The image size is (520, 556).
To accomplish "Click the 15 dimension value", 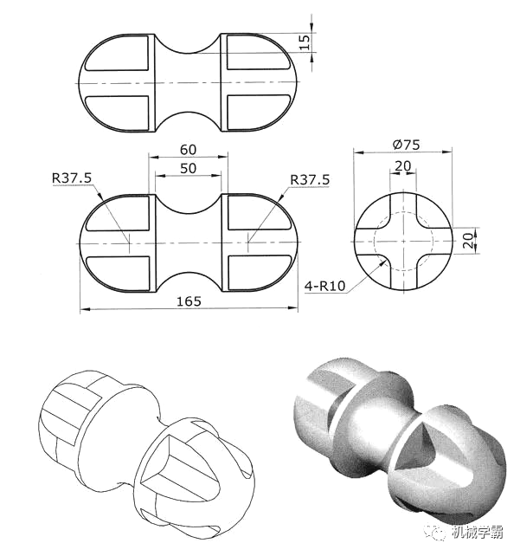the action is [x=305, y=42].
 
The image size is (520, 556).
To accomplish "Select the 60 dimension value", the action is [x=188, y=150].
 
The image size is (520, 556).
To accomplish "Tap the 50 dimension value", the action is [x=188, y=168].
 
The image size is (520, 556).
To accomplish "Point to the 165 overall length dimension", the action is [x=189, y=301].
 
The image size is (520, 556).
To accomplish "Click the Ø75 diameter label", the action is [x=407, y=145].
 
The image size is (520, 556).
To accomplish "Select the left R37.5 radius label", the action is [x=72, y=178].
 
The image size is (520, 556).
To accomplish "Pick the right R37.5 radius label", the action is [x=310, y=180].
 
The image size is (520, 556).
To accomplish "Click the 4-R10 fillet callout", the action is [x=324, y=286].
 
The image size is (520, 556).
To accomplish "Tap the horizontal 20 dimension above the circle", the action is [x=403, y=165].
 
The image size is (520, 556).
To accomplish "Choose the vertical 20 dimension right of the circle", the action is [x=468, y=241].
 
